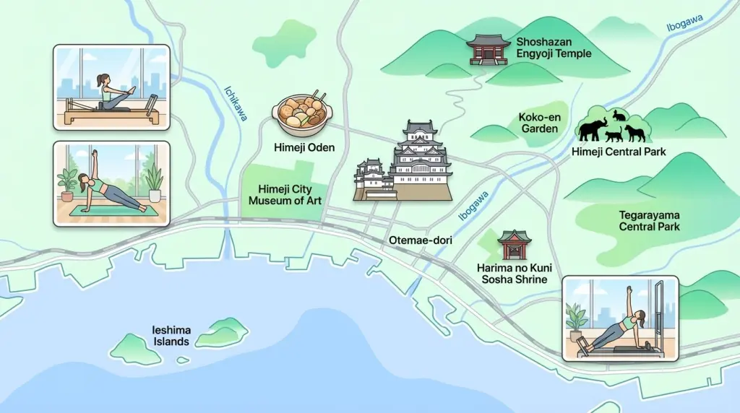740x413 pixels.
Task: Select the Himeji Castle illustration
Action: (405, 163)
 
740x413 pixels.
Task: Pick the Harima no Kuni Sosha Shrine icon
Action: (515, 245)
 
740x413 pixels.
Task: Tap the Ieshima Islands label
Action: (171, 336)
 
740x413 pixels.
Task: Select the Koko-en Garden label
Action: (539, 123)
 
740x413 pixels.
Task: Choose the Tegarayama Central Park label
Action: (649, 221)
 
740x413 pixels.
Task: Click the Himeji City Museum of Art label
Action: (285, 195)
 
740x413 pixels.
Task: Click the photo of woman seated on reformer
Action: (111, 87)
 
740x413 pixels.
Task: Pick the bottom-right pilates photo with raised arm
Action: (621, 318)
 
